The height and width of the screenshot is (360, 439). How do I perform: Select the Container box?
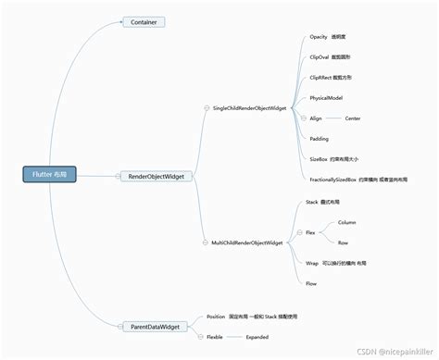pos(144,21)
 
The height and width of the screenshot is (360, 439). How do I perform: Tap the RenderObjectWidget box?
pos(155,176)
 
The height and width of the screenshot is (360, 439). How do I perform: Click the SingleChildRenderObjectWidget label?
pos(248,108)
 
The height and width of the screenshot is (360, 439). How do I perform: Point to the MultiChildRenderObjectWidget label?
pos(248,242)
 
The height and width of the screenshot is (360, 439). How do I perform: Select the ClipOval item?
pos(332,56)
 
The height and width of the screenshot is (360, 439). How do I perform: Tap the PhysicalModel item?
pos(327,98)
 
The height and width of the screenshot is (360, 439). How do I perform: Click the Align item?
pos(318,118)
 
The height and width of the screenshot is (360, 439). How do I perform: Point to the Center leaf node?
pos(353,118)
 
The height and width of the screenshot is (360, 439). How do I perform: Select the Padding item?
pos(320,138)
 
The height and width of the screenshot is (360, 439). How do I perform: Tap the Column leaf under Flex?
pos(347,223)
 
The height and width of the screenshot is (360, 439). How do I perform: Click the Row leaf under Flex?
pos(344,242)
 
